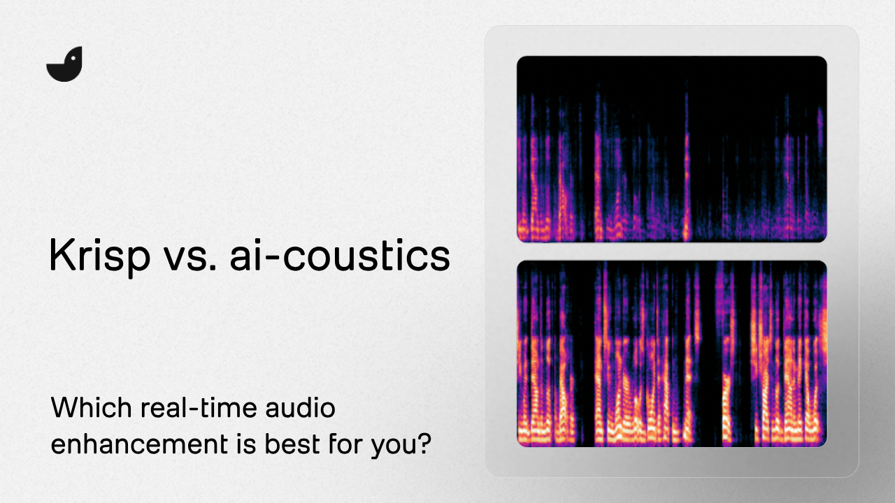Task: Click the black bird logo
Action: pyautogui.click(x=64, y=65)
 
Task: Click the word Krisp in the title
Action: pyautogui.click(x=99, y=256)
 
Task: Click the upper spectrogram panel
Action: pyautogui.click(x=671, y=149)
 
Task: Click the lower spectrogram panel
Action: pyautogui.click(x=671, y=353)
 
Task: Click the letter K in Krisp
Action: pyautogui.click(x=59, y=256)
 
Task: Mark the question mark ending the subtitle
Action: pyautogui.click(x=423, y=444)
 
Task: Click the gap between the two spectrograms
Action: pyautogui.click(x=671, y=251)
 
